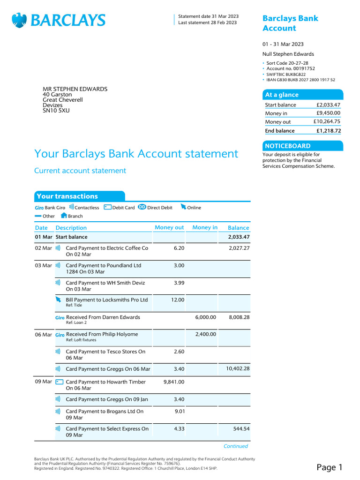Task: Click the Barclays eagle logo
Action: (x=19, y=20)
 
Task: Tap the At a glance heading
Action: (x=282, y=95)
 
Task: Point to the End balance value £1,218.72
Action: (x=328, y=131)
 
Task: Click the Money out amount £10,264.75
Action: (x=327, y=122)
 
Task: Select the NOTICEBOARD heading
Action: (x=287, y=146)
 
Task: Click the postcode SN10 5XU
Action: (x=56, y=111)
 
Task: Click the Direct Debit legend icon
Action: (x=142, y=207)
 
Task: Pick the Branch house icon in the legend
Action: (x=64, y=216)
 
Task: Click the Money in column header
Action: (x=205, y=228)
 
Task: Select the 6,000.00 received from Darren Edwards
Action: (x=205, y=317)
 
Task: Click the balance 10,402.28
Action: (x=238, y=369)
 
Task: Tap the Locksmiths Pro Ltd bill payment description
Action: (x=106, y=300)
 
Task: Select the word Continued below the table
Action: (x=235, y=446)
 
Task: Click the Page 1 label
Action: (x=330, y=467)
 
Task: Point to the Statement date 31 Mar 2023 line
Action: (x=208, y=16)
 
